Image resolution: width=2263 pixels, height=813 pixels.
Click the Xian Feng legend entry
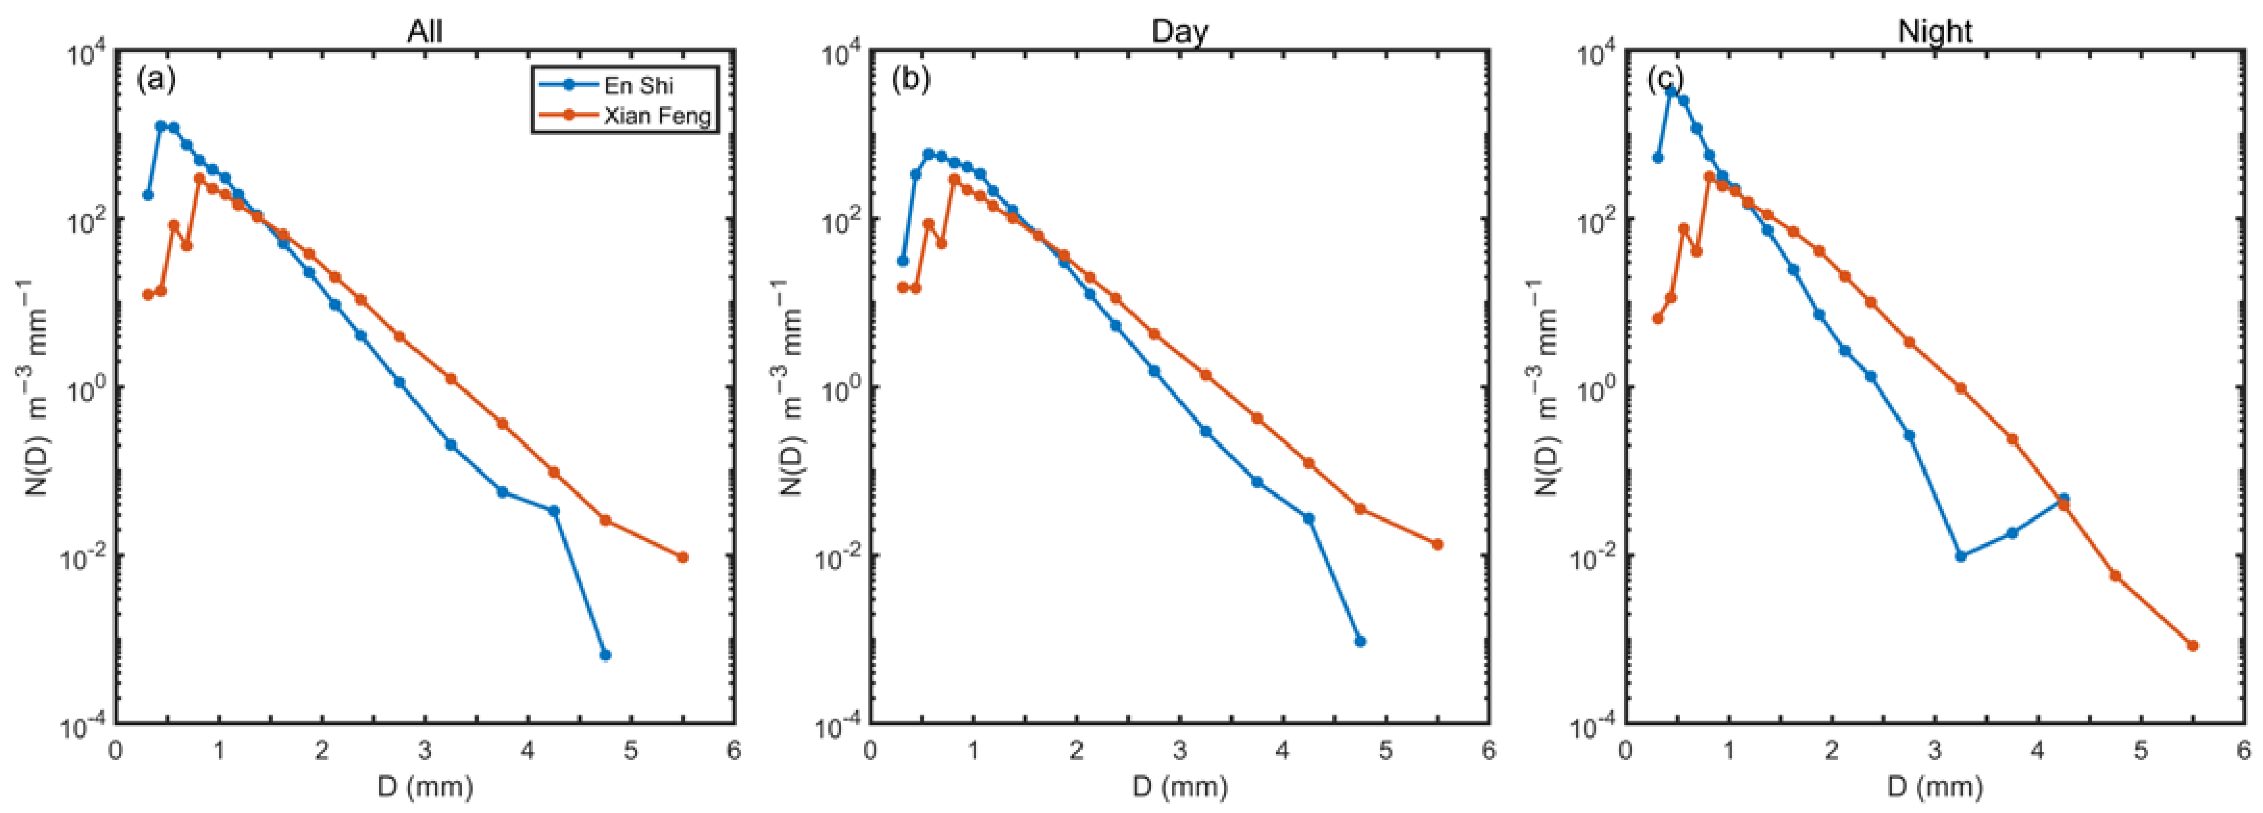coord(656,115)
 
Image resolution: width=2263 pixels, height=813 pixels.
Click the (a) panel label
coord(156,80)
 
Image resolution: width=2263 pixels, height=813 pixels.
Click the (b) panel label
coord(911,80)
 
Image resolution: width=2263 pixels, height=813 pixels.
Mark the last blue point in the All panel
coord(605,655)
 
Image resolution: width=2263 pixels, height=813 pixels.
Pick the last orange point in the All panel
coord(683,556)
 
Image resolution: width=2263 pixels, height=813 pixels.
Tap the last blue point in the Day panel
coord(1360,641)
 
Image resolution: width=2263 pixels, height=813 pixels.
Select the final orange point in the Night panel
coord(2193,645)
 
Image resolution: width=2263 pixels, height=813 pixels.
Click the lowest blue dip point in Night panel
coord(1961,556)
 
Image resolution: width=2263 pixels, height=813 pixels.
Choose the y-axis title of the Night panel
coord(1545,386)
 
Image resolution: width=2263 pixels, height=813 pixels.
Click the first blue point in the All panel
coord(147,195)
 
